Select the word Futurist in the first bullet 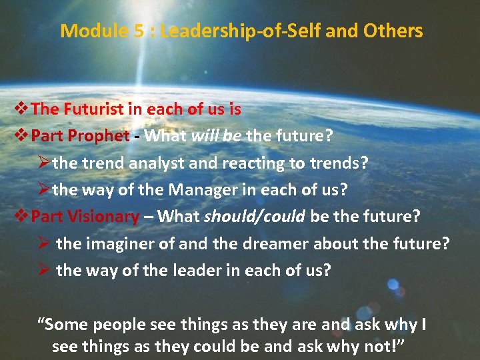point(95,109)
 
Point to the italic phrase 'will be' point(217,136)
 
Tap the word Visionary point(104,216)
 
